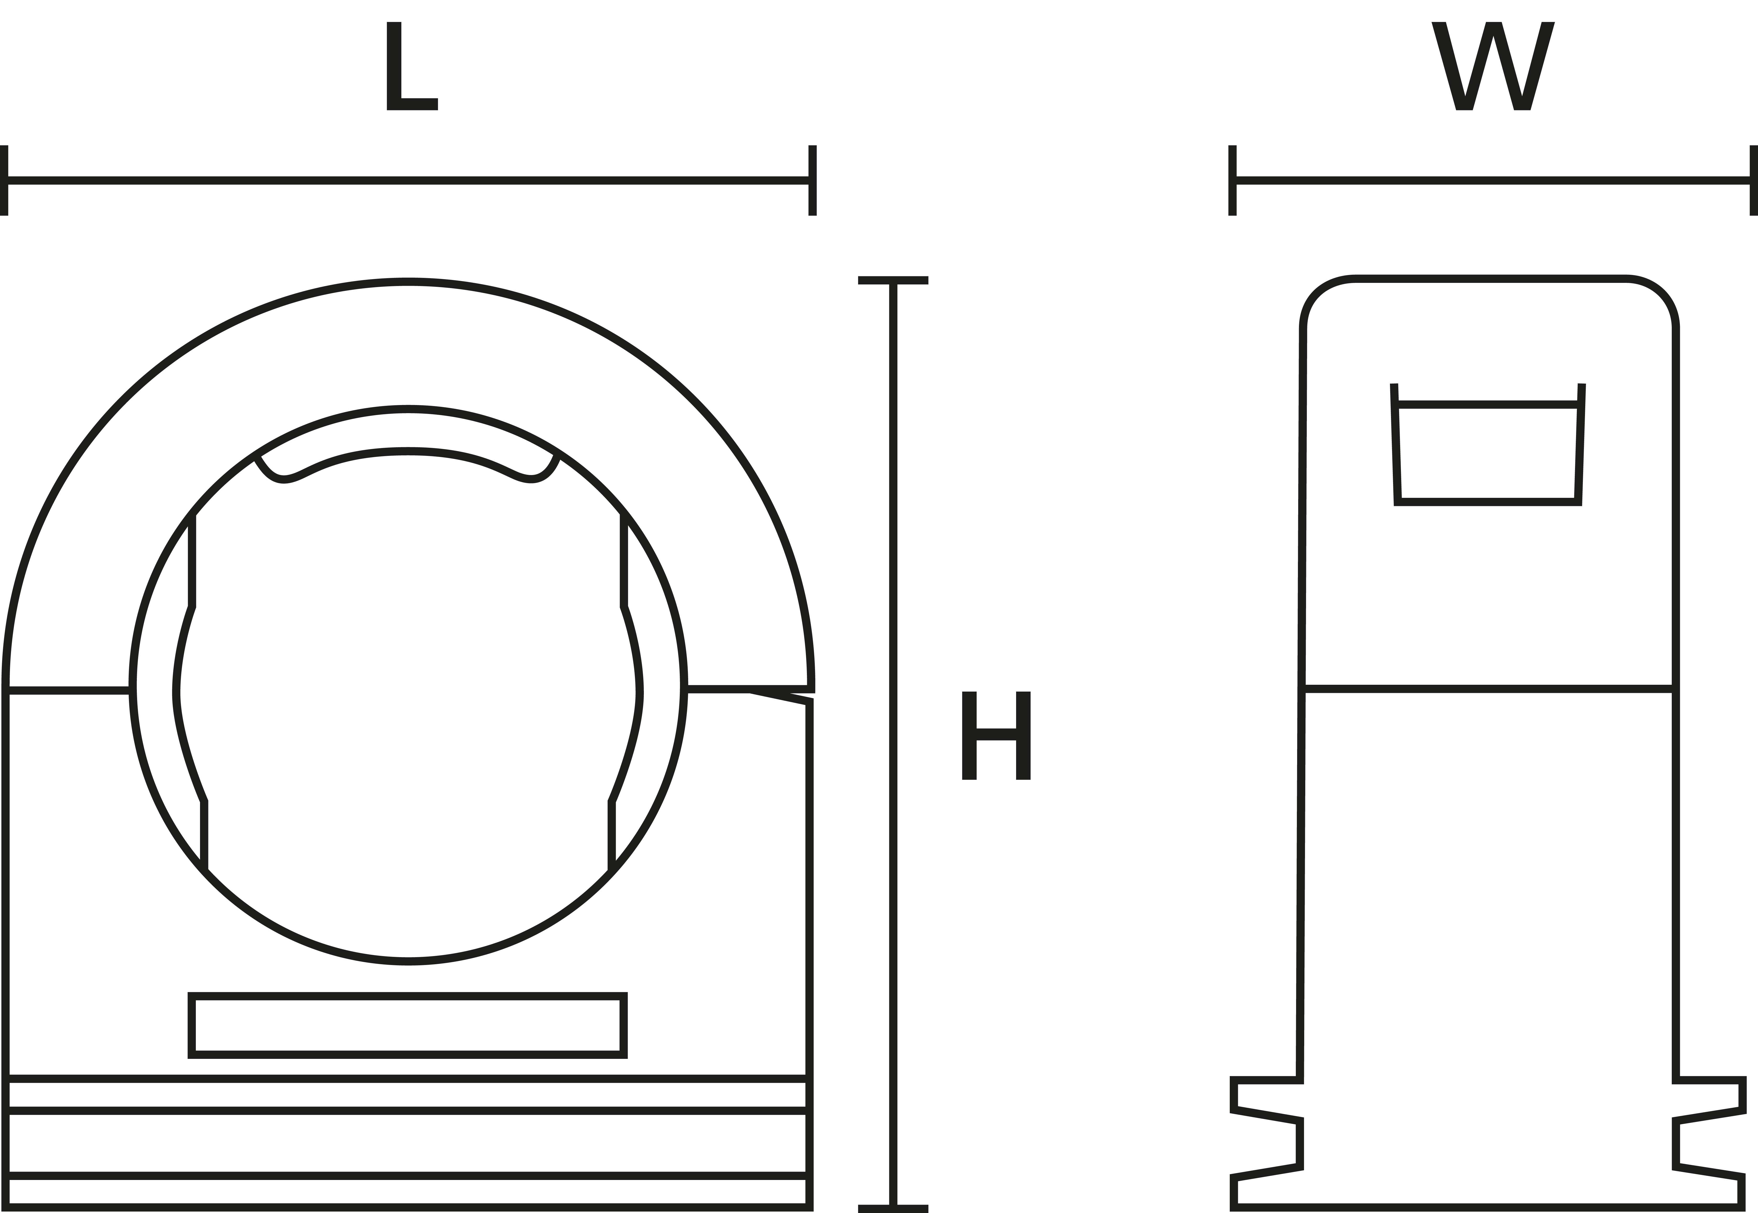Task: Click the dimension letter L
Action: pyautogui.click(x=412, y=66)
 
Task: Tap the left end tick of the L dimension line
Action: pyautogui.click(x=4, y=180)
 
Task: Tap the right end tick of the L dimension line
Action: pyautogui.click(x=812, y=180)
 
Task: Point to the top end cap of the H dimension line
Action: pyautogui.click(x=893, y=281)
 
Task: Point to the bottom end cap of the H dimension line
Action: pyautogui.click(x=893, y=1209)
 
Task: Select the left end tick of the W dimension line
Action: pyautogui.click(x=1232, y=180)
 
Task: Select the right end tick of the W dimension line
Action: pyautogui.click(x=1754, y=180)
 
